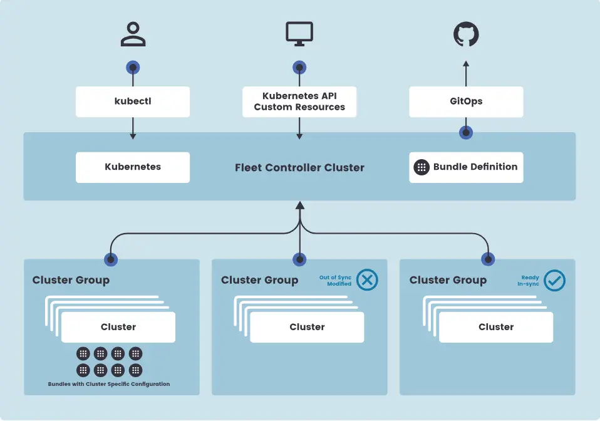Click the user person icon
(x=133, y=34)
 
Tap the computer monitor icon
(x=299, y=34)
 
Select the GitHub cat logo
(x=466, y=34)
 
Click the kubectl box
(x=133, y=101)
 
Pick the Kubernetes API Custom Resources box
(x=299, y=101)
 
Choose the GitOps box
(x=466, y=101)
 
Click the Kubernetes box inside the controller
(x=133, y=167)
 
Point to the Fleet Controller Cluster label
(x=299, y=168)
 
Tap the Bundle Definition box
(x=466, y=167)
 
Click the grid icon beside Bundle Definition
(x=422, y=167)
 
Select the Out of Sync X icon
(x=367, y=280)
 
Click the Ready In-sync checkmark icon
(x=554, y=280)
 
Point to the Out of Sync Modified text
(x=335, y=281)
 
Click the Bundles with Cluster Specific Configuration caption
(x=109, y=384)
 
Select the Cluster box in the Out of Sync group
(x=307, y=327)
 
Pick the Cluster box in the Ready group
(x=496, y=327)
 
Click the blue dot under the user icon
(x=133, y=67)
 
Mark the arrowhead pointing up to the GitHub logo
(x=466, y=64)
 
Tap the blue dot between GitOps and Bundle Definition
(x=466, y=133)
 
